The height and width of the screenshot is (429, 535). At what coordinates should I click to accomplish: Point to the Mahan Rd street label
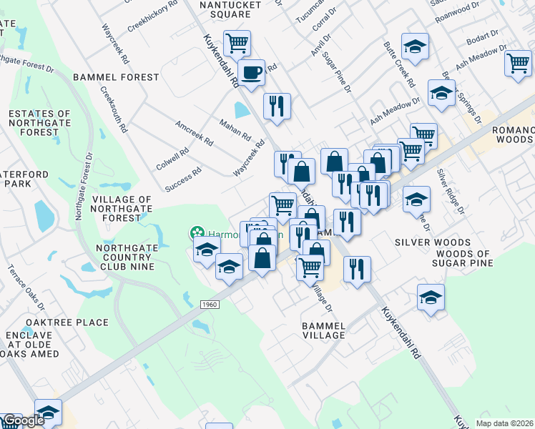pos(235,129)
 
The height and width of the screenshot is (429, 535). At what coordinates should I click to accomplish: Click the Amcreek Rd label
pos(195,132)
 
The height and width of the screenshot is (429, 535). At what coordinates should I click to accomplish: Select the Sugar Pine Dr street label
pos(336,71)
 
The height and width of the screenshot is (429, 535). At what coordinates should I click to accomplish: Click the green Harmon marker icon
pos(195,232)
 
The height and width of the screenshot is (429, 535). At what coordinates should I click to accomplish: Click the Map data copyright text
pos(505,423)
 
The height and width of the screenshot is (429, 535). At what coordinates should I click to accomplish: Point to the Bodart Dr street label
pos(483,36)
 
